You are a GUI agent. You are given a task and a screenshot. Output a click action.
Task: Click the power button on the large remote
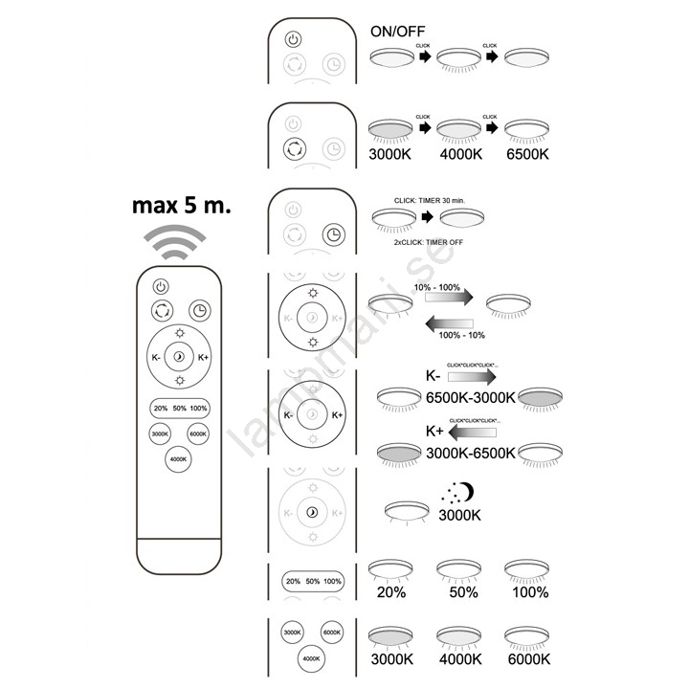[161, 285]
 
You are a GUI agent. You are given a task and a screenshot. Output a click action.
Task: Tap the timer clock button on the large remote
[199, 311]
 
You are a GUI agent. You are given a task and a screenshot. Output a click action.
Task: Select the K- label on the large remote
[156, 358]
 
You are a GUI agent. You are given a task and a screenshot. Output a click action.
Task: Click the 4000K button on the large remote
[178, 459]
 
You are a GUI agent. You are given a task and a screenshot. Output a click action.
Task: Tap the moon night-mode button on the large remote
[179, 358]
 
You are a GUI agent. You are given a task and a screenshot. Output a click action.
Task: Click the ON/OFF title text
[397, 31]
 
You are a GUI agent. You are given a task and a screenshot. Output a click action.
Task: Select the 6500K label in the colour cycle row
[527, 153]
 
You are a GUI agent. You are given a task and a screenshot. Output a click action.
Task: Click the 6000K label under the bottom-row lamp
[527, 658]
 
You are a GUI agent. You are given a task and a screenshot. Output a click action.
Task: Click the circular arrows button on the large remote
[161, 311]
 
